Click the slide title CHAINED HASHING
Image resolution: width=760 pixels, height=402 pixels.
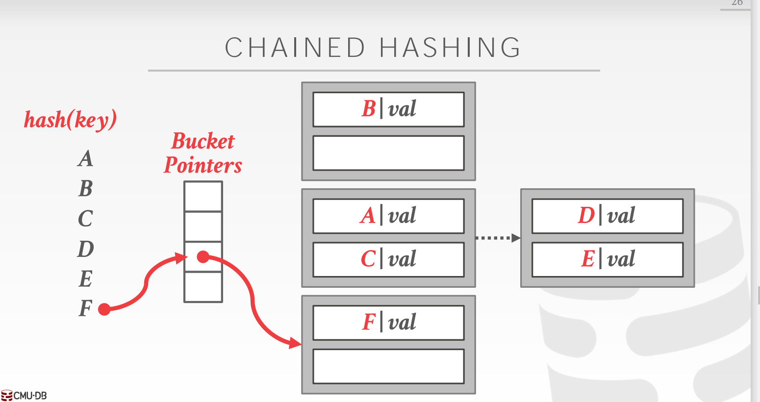[x=373, y=48]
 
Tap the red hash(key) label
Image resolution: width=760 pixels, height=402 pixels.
[x=70, y=120]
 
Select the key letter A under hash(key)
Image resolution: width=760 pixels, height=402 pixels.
[x=85, y=158]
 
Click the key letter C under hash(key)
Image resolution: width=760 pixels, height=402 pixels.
[x=85, y=219]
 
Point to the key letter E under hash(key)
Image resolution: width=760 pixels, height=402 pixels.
[x=85, y=279]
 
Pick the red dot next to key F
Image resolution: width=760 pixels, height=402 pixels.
[x=104, y=309]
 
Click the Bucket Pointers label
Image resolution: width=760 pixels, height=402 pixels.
[x=203, y=153]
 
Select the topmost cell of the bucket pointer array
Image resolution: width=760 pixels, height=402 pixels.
[x=203, y=197]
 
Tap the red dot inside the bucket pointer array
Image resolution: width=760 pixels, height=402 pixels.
[x=203, y=256]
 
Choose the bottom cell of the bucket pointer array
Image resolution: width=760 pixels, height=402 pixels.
[x=203, y=287]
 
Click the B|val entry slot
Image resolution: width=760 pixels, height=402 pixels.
[x=388, y=109]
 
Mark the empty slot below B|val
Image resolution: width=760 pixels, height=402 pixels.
[x=388, y=153]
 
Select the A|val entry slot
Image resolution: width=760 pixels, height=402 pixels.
[x=388, y=216]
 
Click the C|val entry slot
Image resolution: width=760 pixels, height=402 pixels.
[x=388, y=259]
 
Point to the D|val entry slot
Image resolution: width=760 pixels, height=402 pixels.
[x=607, y=216]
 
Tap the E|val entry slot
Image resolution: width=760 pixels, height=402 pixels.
[x=607, y=259]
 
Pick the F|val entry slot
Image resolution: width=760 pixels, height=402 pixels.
[x=388, y=323]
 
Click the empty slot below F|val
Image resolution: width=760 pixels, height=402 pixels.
[x=388, y=366]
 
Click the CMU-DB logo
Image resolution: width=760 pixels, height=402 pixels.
[x=24, y=396]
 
